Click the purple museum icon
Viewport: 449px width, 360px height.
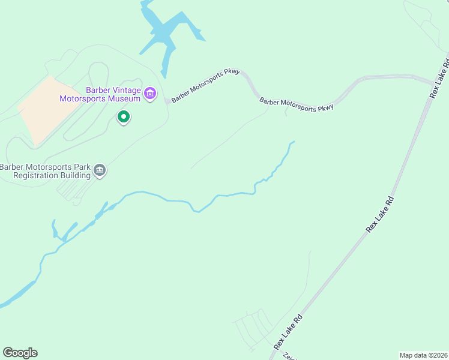pyautogui.click(x=150, y=93)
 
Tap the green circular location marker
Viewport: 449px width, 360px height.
pyautogui.click(x=124, y=116)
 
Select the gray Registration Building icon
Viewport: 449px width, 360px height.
pyautogui.click(x=100, y=171)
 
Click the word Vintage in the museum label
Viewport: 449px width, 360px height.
pyautogui.click(x=125, y=90)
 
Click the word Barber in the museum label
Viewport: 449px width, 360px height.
pyautogui.click(x=98, y=90)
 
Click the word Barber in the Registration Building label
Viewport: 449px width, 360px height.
pyautogui.click(x=13, y=167)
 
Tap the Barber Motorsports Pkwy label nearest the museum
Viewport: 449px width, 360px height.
pyautogui.click(x=205, y=86)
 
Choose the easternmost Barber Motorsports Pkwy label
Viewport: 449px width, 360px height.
pyautogui.click(x=296, y=104)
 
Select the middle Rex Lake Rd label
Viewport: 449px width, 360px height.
pyautogui.click(x=381, y=214)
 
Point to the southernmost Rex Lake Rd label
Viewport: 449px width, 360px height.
pyautogui.click(x=288, y=331)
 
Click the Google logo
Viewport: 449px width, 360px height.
pyautogui.click(x=20, y=353)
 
